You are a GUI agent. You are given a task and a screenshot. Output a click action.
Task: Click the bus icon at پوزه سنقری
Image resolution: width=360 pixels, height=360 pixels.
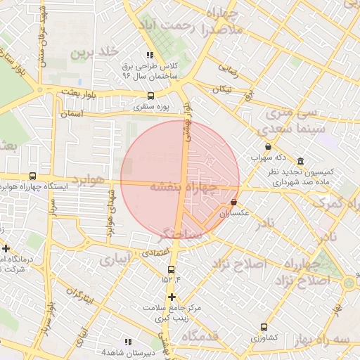click(150, 96)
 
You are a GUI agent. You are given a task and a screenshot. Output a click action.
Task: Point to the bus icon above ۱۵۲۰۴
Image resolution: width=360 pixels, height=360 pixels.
click(171, 269)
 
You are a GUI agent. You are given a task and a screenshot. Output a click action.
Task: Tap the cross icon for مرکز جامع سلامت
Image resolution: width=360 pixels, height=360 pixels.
click(172, 297)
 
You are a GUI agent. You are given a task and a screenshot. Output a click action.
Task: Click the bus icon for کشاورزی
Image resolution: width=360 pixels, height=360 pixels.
click(264, 327)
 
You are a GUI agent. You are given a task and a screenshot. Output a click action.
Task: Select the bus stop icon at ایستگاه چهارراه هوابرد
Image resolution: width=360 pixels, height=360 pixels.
click(32, 176)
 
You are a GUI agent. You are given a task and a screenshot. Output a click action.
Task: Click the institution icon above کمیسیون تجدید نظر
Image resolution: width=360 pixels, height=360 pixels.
click(300, 161)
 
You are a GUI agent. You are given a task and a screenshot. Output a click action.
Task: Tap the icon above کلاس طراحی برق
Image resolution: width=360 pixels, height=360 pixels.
click(149, 54)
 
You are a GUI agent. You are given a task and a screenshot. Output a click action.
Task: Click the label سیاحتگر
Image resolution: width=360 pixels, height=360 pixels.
click(181, 233)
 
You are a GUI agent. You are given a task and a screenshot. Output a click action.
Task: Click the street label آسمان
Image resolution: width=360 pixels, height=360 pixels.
click(71, 113)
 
